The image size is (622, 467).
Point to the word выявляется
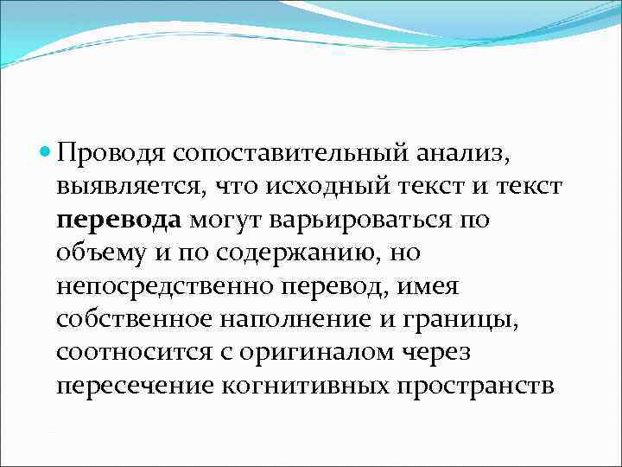point(123,188)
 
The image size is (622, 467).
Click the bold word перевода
point(118,221)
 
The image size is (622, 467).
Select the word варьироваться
point(359,221)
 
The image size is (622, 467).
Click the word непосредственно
point(153,285)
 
